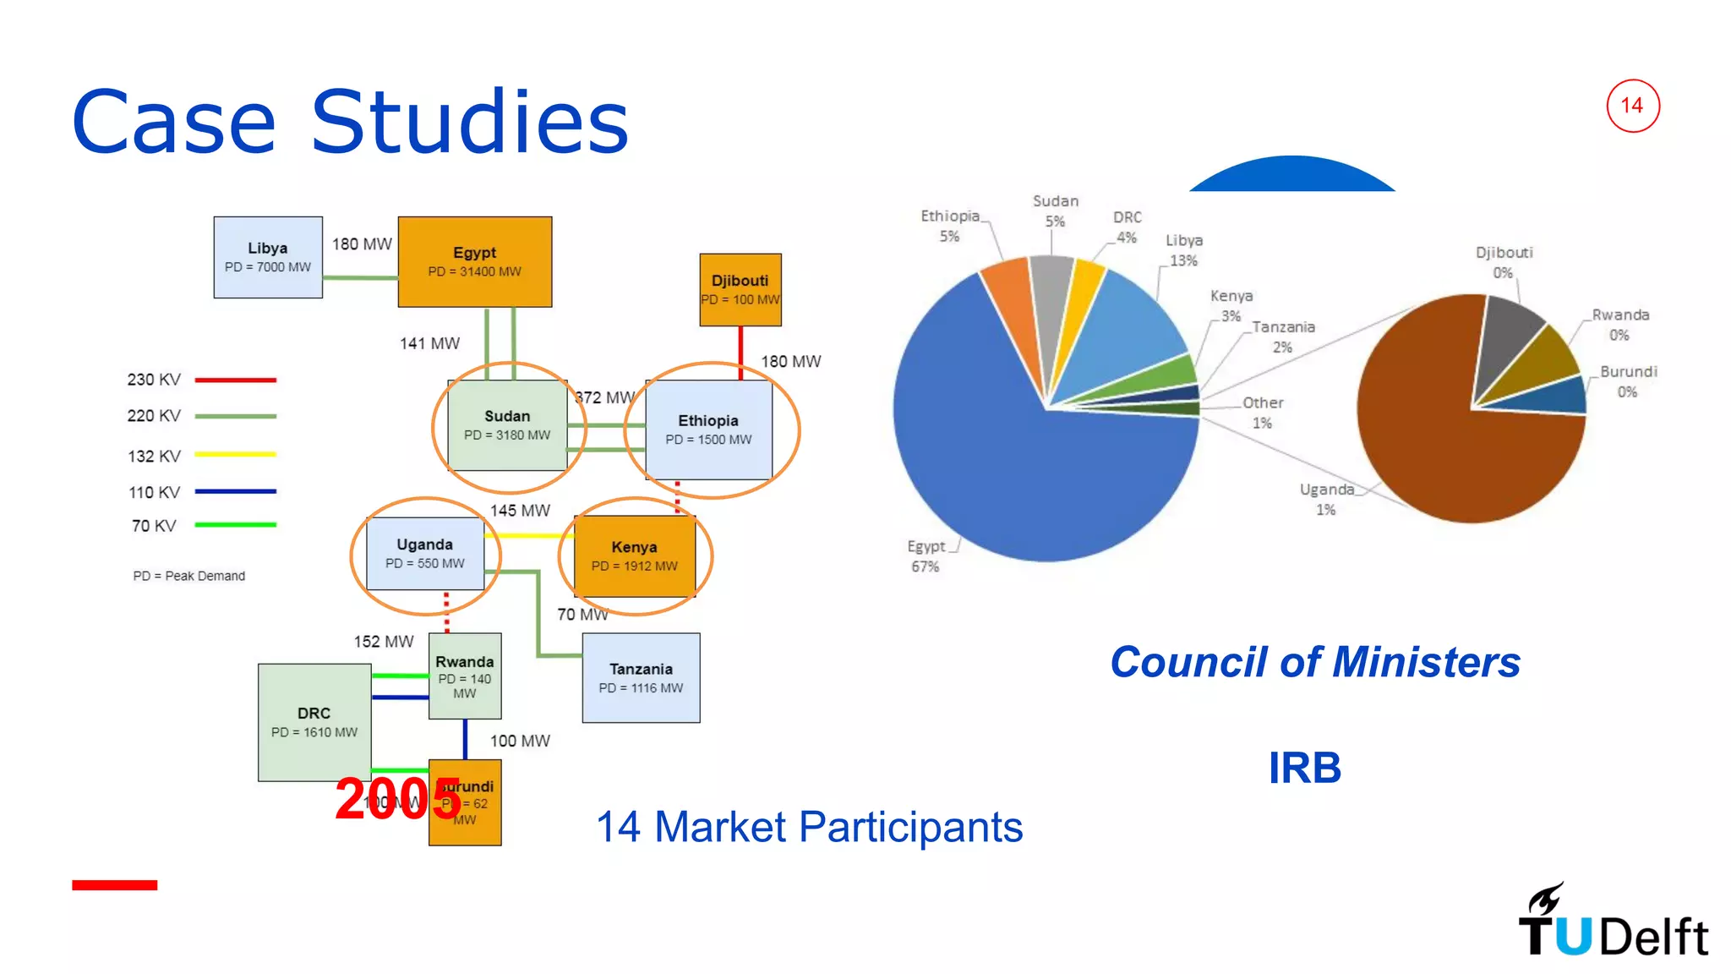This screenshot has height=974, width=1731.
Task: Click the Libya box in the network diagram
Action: (267, 257)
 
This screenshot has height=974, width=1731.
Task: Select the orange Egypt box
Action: (474, 261)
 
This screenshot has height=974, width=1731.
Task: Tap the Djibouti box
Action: (740, 289)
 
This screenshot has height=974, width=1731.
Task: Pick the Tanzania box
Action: (641, 677)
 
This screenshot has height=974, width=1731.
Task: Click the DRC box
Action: (314, 721)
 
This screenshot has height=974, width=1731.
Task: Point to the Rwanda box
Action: (464, 676)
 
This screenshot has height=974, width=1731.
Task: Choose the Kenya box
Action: (634, 555)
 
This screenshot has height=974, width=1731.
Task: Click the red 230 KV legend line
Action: (235, 380)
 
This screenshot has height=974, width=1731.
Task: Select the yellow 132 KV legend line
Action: (235, 455)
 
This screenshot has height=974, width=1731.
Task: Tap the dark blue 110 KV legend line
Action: (235, 491)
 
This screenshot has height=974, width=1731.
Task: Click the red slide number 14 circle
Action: (1632, 106)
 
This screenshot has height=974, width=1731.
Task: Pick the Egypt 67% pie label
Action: (926, 556)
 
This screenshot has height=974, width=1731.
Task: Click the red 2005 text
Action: (397, 799)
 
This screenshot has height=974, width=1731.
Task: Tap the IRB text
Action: (1304, 768)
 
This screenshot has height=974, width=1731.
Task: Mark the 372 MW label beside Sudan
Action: (605, 397)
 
